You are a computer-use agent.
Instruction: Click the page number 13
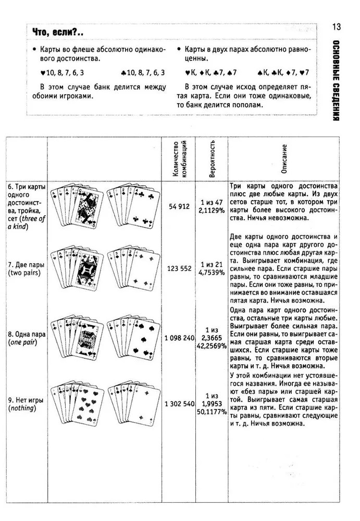click(337, 27)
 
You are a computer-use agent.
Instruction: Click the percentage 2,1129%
click(212, 210)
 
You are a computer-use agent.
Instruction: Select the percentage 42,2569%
click(212, 345)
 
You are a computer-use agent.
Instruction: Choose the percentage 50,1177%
click(212, 412)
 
